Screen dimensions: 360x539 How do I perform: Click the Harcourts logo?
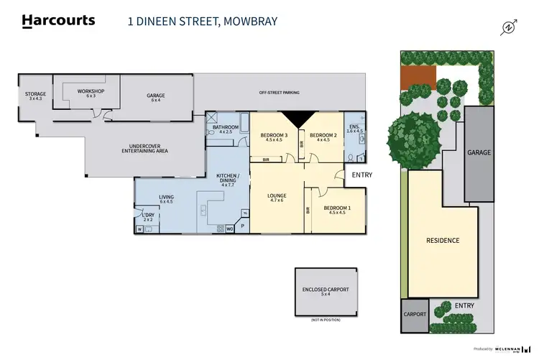point(58,20)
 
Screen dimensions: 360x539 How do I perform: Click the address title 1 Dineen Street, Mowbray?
point(202,22)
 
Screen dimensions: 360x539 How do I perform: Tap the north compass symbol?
point(510,28)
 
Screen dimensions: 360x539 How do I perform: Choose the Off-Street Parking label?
point(279,93)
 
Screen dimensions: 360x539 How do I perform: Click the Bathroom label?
point(226,129)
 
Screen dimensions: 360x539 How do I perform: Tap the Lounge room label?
point(277,198)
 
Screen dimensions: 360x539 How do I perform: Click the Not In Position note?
point(325,319)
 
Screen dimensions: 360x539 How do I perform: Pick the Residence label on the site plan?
point(442,240)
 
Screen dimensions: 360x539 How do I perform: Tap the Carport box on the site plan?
point(415,315)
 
